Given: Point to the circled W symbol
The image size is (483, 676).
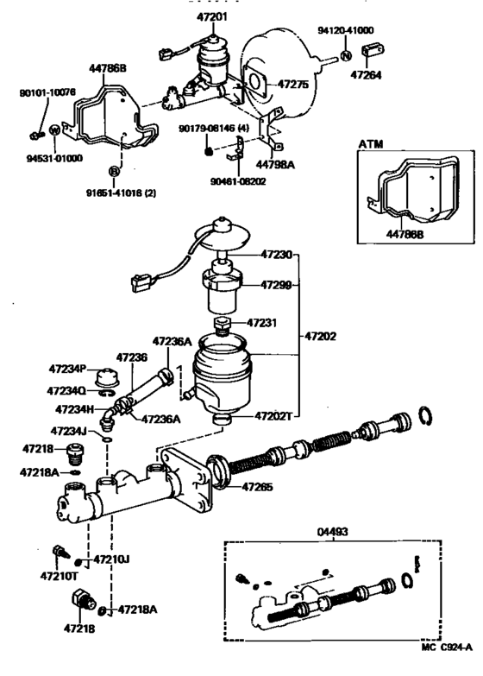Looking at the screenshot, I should coord(53,130).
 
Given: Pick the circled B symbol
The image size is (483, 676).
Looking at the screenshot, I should coord(113,169).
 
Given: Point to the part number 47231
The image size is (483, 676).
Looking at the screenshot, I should coord(263,322).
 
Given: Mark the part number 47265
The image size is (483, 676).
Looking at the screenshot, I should coord(257,487).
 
